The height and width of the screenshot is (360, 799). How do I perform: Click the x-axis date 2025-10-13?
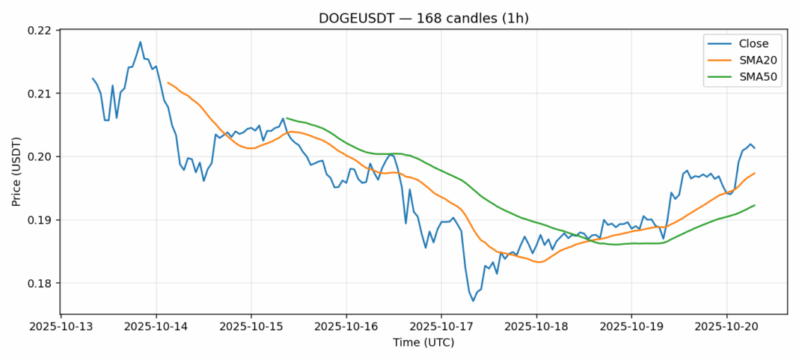pos(61,326)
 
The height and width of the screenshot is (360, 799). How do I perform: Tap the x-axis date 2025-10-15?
pos(251,326)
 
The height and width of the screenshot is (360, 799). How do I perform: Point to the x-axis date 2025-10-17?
pos(441,326)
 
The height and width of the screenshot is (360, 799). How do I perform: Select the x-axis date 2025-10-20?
pos(726,326)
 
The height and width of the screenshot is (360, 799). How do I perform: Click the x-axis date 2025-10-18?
pos(536,326)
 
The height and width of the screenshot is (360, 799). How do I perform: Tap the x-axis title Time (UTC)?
pos(423,343)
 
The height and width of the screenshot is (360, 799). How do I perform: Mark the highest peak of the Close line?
pos(141,42)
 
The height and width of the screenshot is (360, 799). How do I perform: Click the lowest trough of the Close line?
pos(473,301)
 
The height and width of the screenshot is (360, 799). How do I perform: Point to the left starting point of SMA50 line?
pos(287,118)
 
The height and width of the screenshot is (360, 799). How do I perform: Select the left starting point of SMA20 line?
pos(168,82)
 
